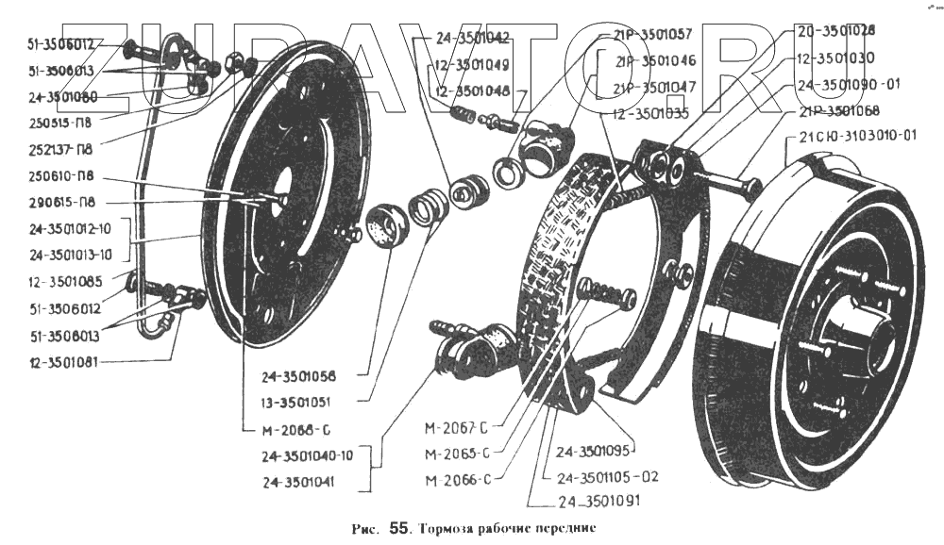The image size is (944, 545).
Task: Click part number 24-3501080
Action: [x=63, y=95]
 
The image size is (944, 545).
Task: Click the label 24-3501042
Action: [x=473, y=39]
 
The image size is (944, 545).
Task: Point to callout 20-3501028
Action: [x=834, y=30]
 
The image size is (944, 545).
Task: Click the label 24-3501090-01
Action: [x=848, y=83]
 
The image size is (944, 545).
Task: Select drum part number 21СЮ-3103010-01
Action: [x=857, y=135]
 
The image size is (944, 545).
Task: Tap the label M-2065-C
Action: [x=457, y=454]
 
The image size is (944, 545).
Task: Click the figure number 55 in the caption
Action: [x=396, y=529]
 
